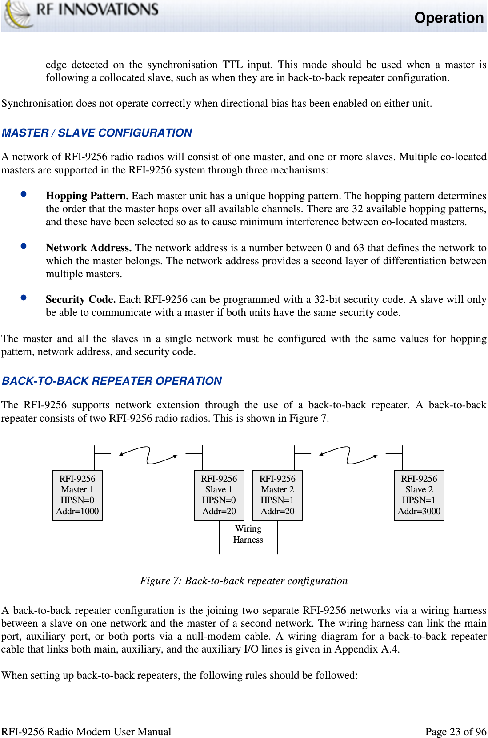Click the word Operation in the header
[448, 18]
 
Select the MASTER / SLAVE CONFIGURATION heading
[97, 133]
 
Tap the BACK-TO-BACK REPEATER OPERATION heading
[112, 381]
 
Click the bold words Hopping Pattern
[87, 196]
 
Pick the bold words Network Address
[88, 248]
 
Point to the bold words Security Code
[80, 299]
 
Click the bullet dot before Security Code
[24, 298]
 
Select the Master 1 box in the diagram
[77, 495]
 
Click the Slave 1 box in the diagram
[219, 495]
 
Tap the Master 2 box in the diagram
[277, 495]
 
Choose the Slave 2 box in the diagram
[419, 495]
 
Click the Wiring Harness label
[248, 534]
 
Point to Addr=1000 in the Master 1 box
[77, 511]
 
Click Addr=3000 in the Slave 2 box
[419, 511]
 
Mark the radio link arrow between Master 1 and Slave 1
[148, 455]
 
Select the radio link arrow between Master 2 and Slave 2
[348, 455]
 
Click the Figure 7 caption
[244, 581]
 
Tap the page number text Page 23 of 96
[456, 732]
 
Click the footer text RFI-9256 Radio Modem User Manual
[86, 732]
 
